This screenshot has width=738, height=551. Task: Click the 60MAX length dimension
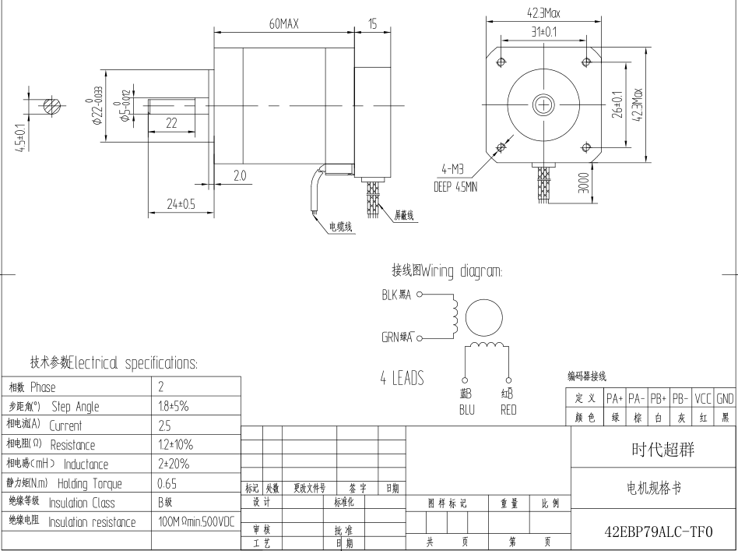283,24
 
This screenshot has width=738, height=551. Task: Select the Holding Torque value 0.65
167,483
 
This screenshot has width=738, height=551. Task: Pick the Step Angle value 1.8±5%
174,406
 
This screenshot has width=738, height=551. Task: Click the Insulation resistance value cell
195,521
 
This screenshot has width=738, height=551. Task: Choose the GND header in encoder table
726,398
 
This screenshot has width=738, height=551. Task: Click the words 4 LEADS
402,379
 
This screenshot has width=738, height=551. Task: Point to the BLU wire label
467,409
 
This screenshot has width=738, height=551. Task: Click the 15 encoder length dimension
372,24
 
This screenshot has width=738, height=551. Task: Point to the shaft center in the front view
543,104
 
